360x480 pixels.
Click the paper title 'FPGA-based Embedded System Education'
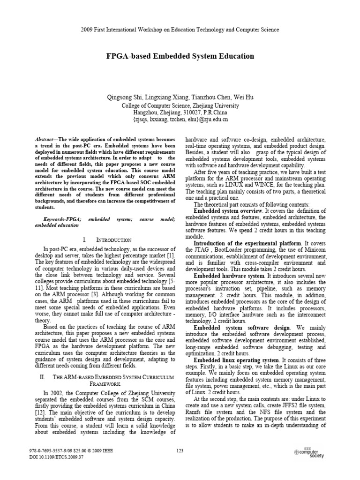[x=180, y=56]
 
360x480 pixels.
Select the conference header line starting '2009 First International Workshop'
[x=180, y=30]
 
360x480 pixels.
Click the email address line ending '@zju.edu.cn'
[x=180, y=120]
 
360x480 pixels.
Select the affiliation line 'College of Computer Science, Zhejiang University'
[x=180, y=105]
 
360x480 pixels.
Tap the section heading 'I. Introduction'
[x=105, y=239]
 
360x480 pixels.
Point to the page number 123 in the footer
[x=180, y=451]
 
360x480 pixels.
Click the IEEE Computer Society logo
[x=309, y=452]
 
